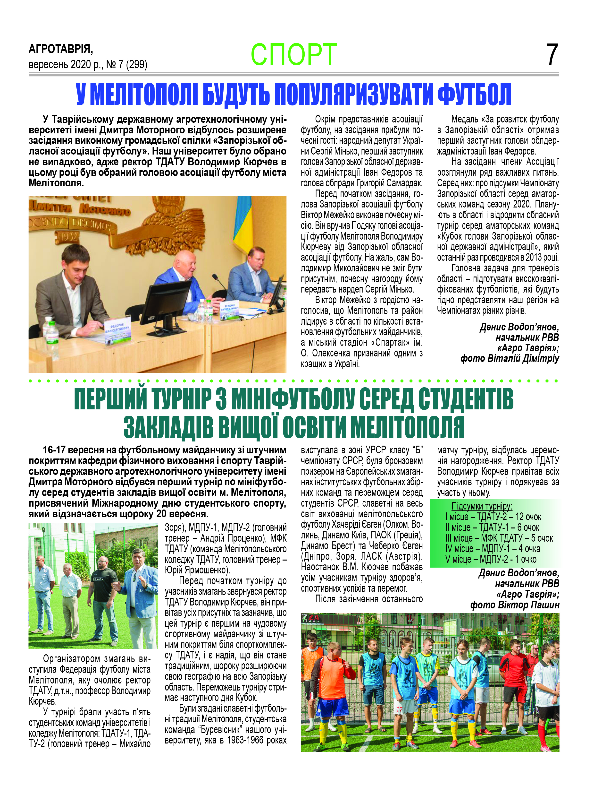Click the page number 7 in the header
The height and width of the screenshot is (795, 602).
[x=552, y=55]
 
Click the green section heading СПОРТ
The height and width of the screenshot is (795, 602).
[x=294, y=55]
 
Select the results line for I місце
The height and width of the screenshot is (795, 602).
[x=493, y=517]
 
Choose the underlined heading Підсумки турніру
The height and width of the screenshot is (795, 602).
[x=482, y=506]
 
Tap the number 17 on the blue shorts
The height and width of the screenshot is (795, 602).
[x=399, y=710]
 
